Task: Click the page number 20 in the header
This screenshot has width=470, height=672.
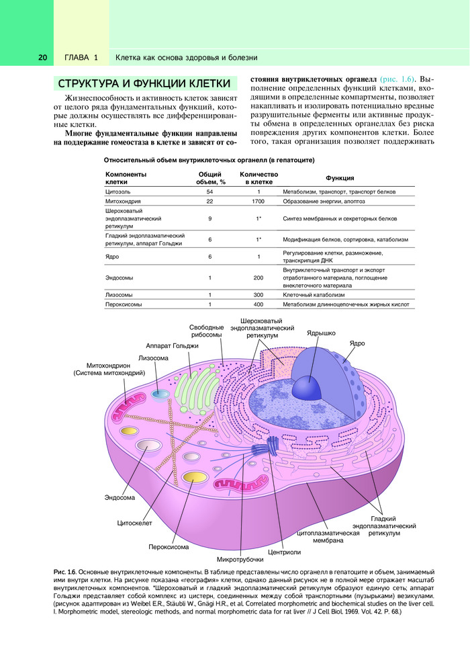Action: pos(42,58)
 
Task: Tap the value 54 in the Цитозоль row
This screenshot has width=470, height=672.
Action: pos(209,192)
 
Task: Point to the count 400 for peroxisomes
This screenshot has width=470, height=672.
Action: pos(258,304)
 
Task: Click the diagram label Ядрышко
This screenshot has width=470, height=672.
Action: pos(321,333)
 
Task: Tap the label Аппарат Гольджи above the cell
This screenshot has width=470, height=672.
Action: pos(172,345)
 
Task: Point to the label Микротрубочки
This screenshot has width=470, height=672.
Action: pos(240,559)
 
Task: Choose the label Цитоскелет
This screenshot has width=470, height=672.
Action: pos(135,522)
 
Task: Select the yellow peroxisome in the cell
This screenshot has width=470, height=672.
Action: pos(194,478)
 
